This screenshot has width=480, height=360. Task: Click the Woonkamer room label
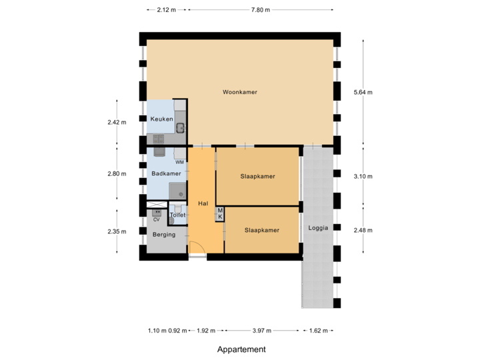point(240,92)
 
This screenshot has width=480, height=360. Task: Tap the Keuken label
point(161,119)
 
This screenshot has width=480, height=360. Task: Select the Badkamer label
point(166,174)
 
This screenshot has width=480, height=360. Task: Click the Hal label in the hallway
point(203,203)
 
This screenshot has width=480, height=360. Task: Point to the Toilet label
point(177,215)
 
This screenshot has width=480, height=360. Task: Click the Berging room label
point(163,235)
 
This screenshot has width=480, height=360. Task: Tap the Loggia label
point(318,228)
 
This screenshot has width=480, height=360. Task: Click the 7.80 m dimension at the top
point(260,10)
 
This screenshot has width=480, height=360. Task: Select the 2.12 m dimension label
point(166,10)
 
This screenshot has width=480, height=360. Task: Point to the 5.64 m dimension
point(363,92)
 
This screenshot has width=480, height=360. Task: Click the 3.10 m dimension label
point(363,177)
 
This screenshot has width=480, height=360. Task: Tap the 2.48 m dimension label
point(363,230)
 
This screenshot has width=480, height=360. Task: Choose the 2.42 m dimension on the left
point(117,122)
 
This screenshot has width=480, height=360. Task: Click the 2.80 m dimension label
point(117,174)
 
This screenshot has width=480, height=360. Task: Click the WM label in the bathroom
point(179,162)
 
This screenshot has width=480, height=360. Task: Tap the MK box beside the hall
point(219,214)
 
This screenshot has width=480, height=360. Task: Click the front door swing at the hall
point(197,250)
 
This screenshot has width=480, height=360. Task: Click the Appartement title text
point(241,349)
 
